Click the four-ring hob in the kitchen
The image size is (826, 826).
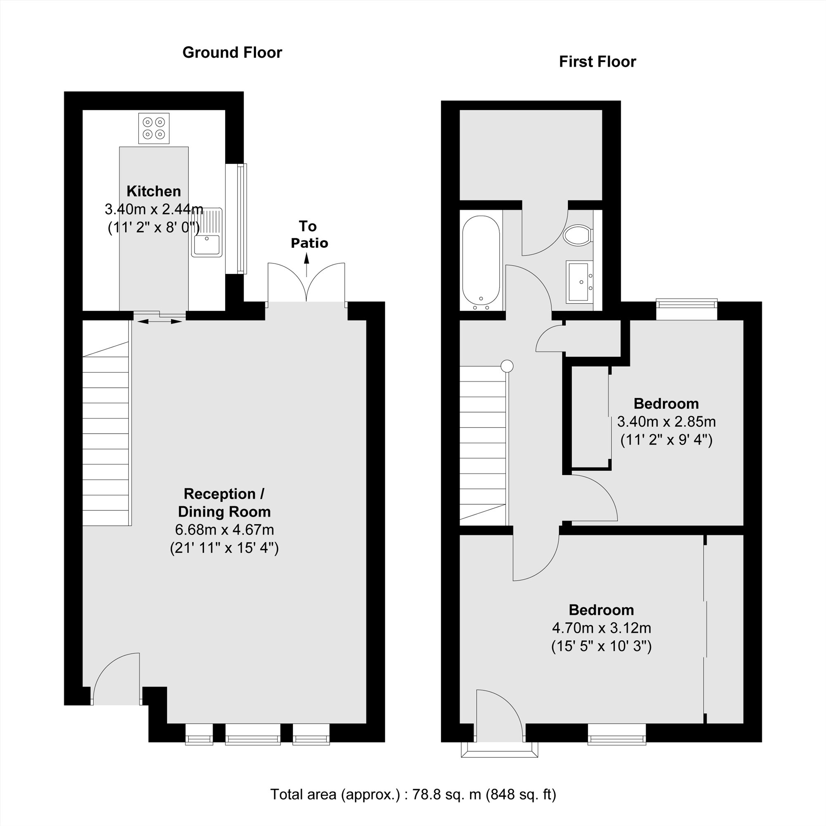pyautogui.click(x=154, y=128)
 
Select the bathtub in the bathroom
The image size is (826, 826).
pyautogui.click(x=481, y=263)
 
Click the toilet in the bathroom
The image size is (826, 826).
pyautogui.click(x=578, y=235)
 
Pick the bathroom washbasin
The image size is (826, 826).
pyautogui.click(x=580, y=282)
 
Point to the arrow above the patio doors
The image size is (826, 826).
pyautogui.click(x=306, y=265)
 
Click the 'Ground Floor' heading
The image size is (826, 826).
pyautogui.click(x=232, y=52)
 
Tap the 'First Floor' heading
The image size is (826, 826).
pyautogui.click(x=597, y=62)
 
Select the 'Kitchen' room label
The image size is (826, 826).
pyautogui.click(x=154, y=191)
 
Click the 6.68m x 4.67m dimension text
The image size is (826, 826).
pyautogui.click(x=224, y=530)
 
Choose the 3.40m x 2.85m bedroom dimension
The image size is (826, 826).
pyautogui.click(x=666, y=422)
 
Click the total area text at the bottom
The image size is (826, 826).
pyautogui.click(x=413, y=794)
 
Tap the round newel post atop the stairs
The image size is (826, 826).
pyautogui.click(x=507, y=366)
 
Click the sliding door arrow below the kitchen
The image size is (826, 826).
pyautogui.click(x=159, y=321)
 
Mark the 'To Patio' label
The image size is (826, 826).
pyautogui.click(x=309, y=234)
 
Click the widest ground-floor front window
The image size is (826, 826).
pyautogui.click(x=253, y=734)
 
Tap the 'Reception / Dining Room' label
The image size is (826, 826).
pyautogui.click(x=224, y=503)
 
